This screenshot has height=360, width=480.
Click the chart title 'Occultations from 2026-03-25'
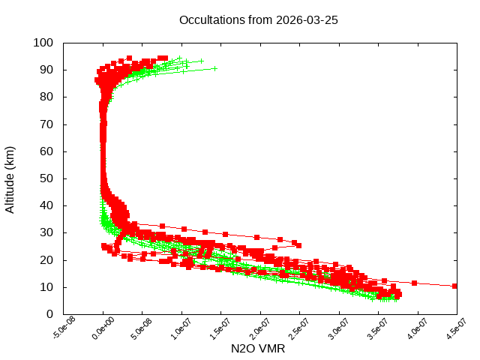(x=258, y=20)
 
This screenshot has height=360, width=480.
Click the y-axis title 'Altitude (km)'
(x=10, y=179)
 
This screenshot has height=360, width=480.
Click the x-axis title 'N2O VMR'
(x=258, y=349)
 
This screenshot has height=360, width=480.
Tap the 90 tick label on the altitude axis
(x=46, y=70)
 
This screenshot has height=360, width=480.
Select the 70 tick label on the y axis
(x=46, y=124)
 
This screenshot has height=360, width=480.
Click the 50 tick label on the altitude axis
(x=46, y=178)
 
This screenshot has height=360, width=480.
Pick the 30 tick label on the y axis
(x=46, y=232)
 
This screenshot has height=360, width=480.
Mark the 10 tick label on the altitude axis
(x=46, y=287)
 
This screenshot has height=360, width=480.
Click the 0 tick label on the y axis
(x=49, y=314)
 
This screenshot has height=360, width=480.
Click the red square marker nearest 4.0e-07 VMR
(x=414, y=283)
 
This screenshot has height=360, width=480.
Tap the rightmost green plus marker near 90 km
(x=214, y=68)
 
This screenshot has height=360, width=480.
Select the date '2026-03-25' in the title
(x=306, y=20)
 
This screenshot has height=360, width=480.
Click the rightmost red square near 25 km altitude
(x=298, y=245)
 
